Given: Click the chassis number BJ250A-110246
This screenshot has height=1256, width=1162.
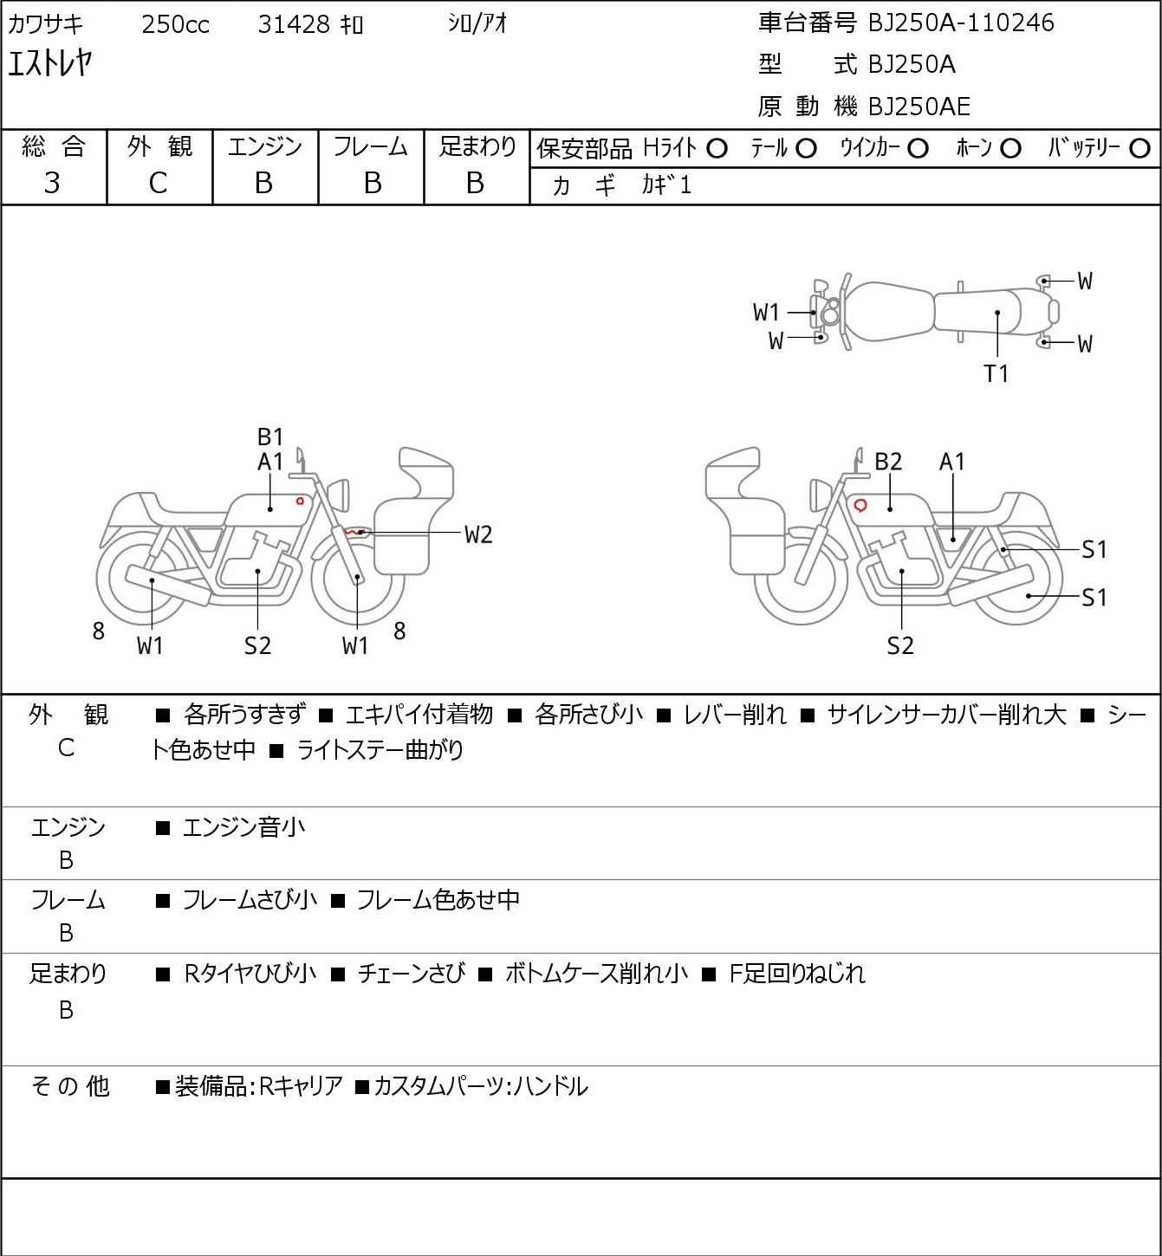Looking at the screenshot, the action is click(x=961, y=23).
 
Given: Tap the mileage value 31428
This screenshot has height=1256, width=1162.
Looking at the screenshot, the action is click(x=294, y=24).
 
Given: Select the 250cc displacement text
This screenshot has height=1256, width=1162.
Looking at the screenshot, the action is click(x=175, y=24).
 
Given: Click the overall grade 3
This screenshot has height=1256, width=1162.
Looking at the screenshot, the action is click(x=52, y=184).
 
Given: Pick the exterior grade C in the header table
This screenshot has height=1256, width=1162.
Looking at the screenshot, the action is click(x=158, y=184).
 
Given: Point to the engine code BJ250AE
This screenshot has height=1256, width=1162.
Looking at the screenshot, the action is click(x=919, y=107).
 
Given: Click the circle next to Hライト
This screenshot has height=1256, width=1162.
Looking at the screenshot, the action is click(x=717, y=149).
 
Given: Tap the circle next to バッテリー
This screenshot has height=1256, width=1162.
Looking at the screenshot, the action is click(x=1139, y=149).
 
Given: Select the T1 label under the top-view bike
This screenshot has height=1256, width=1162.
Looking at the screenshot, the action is click(x=996, y=373).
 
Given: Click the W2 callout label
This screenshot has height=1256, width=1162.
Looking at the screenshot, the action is click(x=478, y=535).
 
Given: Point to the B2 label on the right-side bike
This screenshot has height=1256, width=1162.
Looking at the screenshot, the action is click(x=888, y=462).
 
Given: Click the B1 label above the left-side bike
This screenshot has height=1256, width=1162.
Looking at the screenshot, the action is click(x=270, y=437).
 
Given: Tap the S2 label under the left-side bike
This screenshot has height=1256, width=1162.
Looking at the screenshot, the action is click(x=257, y=645).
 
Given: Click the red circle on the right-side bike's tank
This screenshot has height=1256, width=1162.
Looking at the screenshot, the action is click(x=860, y=505).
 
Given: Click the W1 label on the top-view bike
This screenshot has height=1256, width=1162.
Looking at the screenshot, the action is click(x=766, y=312).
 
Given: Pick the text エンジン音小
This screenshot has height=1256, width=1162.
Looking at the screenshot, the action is click(x=243, y=828).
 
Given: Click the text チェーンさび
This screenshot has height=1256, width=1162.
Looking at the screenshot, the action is click(x=412, y=974).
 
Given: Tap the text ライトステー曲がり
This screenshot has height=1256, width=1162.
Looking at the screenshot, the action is click(x=380, y=750).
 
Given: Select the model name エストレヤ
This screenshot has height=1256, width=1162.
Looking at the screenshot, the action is click(x=50, y=64).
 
